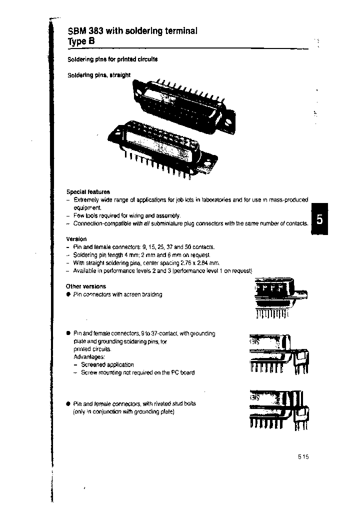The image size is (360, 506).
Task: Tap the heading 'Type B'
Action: (81, 42)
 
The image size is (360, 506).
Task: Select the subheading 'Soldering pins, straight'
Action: (98, 75)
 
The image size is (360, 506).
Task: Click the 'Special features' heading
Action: (88, 191)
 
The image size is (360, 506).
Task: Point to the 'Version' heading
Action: (76, 239)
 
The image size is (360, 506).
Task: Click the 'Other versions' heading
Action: (86, 286)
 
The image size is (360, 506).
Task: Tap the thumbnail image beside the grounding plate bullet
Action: (278, 353)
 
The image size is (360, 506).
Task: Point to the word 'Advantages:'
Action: (89, 357)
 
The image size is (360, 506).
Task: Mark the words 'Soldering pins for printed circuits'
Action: (112, 59)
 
